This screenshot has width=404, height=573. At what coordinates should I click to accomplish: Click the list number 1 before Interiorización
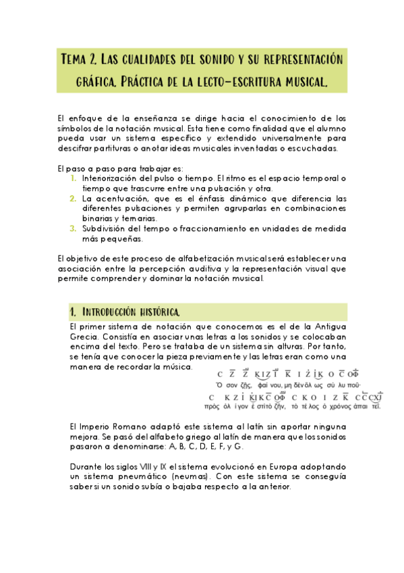[74, 178]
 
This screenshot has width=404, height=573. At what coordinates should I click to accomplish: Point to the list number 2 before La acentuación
[74, 199]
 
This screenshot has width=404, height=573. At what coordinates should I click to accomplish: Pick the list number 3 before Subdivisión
[74, 228]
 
